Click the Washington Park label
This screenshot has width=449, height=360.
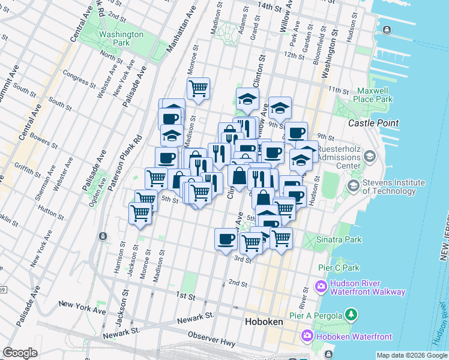coord(122,38)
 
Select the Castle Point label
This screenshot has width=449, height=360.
coord(373,123)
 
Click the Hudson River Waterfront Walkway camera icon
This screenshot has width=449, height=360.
coord(321,286)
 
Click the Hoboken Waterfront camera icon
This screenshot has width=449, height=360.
coord(309,336)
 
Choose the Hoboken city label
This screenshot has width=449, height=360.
coord(264,322)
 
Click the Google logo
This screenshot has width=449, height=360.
coord(20,353)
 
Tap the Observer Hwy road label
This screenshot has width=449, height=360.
coord(211,338)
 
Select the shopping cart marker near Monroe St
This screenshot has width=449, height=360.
coord(198,89)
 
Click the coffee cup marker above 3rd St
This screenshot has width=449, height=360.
coord(226,238)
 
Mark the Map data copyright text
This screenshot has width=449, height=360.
coord(412,355)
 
